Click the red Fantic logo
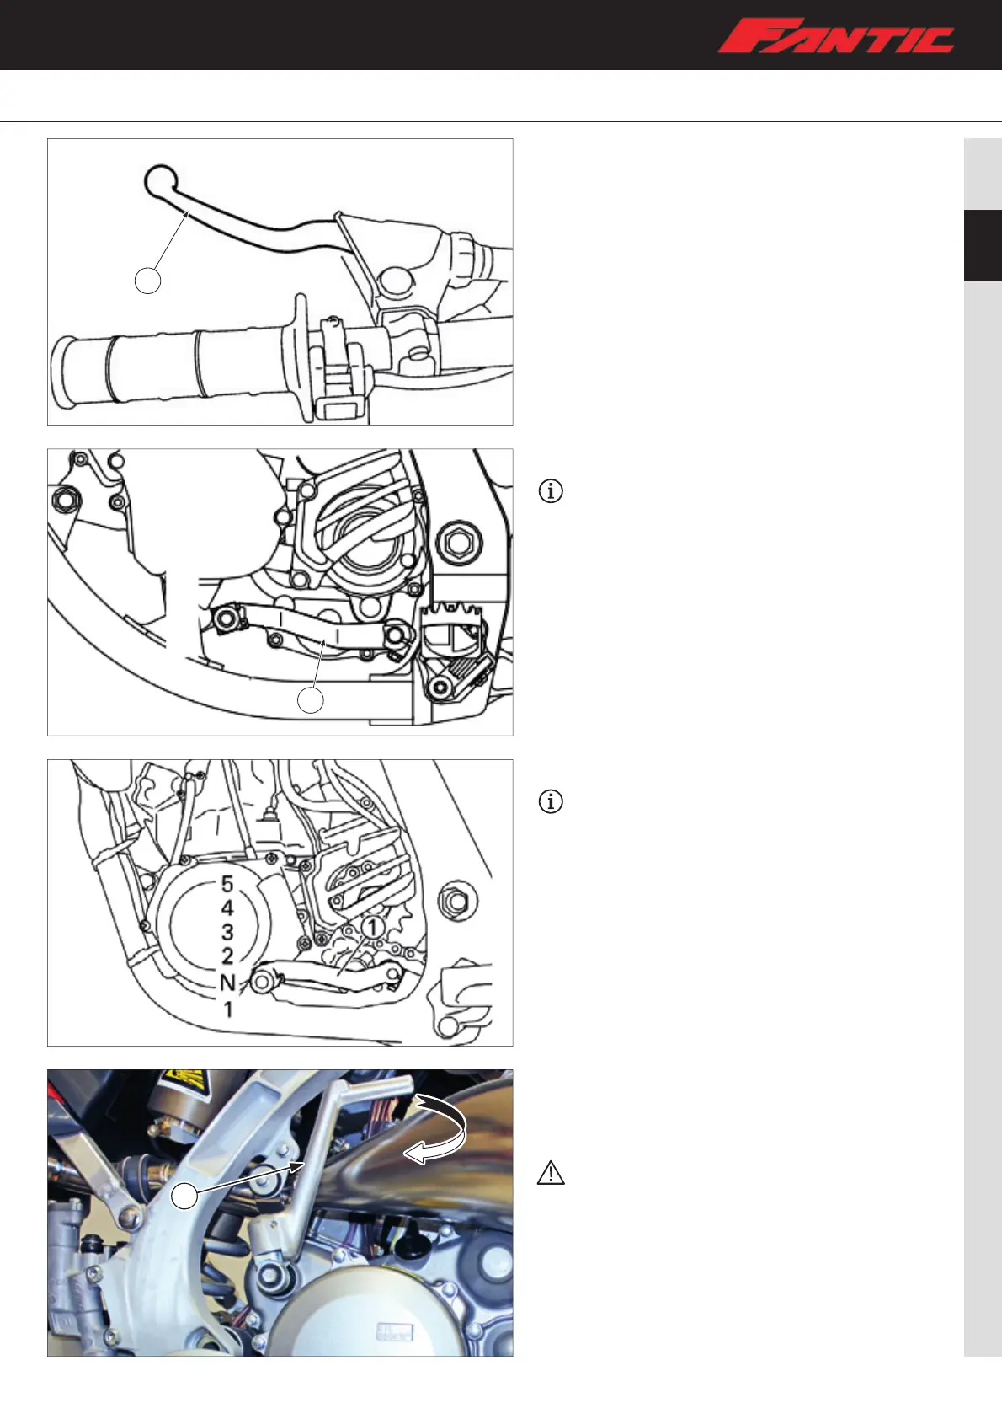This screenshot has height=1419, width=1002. tap(836, 35)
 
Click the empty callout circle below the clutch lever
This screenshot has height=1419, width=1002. tap(147, 281)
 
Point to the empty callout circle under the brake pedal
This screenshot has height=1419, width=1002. tap(310, 700)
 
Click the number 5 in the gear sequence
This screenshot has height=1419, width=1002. tap(227, 884)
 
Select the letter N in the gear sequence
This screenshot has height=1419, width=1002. tap(227, 983)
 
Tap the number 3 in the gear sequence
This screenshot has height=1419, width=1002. tap(227, 932)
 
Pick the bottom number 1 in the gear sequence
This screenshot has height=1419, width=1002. tap(228, 1009)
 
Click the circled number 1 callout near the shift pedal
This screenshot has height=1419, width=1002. tap(372, 928)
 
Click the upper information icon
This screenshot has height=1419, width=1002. tap(551, 491)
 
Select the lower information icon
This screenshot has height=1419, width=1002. tap(551, 801)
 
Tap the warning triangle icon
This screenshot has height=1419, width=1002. tap(551, 1173)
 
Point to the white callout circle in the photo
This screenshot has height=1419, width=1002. tap(184, 1196)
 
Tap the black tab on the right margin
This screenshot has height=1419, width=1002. tap(983, 245)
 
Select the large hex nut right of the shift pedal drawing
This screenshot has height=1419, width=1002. tap(458, 900)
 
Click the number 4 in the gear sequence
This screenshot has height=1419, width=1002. tap(227, 908)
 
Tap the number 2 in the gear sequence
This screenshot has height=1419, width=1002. tap(227, 956)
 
